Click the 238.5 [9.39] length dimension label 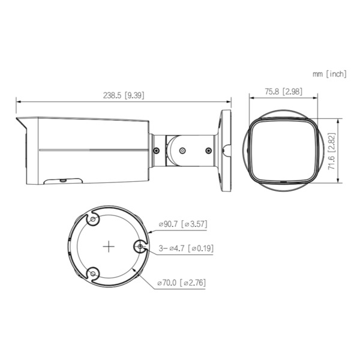pos(124,95)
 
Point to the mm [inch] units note pos(329,74)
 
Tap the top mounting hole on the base pos(93,221)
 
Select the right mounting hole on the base pos(140,246)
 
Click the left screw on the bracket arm pos(156,151)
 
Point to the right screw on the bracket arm pos(208,151)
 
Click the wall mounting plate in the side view pos(227,150)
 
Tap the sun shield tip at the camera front pos(19,123)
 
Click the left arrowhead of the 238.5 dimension pos(17,101)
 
